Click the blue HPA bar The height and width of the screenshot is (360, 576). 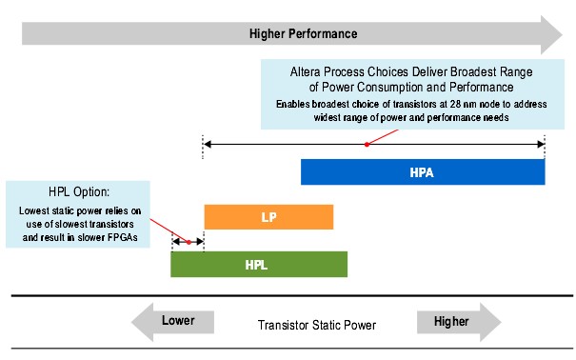422,172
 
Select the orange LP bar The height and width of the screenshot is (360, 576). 268,217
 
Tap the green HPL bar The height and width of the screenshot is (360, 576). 258,264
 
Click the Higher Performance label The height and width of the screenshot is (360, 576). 303,33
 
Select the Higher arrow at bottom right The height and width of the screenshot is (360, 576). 458,322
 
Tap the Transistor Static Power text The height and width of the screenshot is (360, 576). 316,325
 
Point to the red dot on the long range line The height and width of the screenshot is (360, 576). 367,145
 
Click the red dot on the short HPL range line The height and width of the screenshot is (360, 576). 189,242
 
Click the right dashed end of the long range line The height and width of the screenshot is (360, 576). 545,145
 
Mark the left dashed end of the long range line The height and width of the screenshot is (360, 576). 202,145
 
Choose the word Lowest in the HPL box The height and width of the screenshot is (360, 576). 36,210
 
